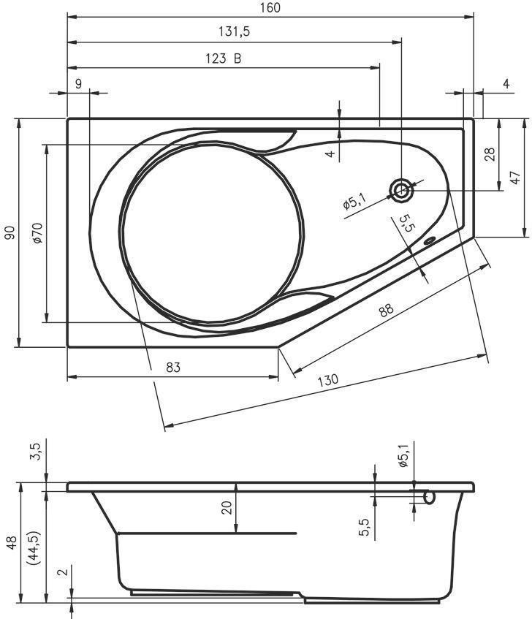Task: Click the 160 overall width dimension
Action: click(270, 7)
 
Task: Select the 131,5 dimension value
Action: click(235, 31)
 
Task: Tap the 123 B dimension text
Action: click(223, 58)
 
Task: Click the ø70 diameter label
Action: click(37, 233)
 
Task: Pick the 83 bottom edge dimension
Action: click(173, 368)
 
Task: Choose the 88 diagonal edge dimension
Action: click(386, 310)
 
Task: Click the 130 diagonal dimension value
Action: click(328, 380)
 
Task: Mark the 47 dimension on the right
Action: click(515, 178)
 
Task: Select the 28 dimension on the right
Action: click(489, 154)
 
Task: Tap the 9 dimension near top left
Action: click(78, 84)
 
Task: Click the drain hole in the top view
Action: click(401, 191)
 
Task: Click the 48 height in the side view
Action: click(12, 543)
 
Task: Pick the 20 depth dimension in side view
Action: click(227, 508)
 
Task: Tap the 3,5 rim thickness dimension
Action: click(36, 452)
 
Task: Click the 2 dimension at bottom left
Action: click(63, 571)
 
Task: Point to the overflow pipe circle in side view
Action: click(430, 498)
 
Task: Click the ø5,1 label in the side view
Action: click(403, 455)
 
